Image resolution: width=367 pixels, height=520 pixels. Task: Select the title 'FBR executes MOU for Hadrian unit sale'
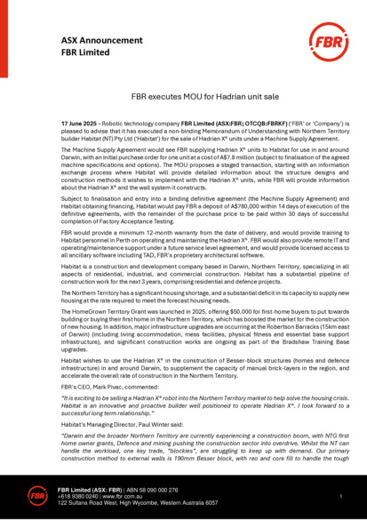(x=183, y=92)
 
